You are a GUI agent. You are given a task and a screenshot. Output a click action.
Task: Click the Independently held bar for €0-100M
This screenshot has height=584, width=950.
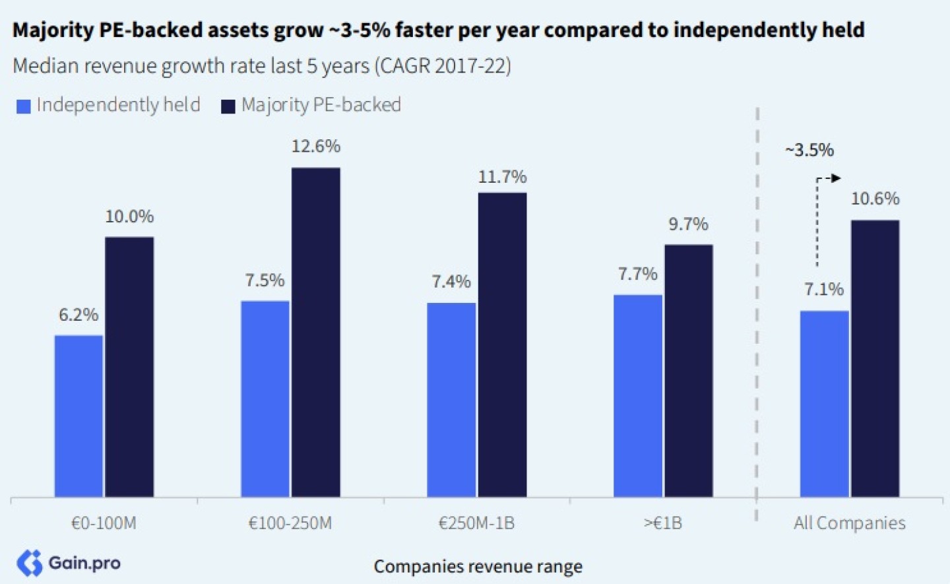tap(79, 416)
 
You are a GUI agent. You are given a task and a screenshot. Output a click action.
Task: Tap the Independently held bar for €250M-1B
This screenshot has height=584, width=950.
tap(451, 399)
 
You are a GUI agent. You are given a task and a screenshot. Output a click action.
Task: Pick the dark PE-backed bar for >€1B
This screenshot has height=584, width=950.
tap(689, 370)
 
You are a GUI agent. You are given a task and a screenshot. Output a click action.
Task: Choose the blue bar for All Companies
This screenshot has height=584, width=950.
tap(824, 403)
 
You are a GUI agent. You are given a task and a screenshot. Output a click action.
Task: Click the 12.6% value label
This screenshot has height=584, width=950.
tap(316, 146)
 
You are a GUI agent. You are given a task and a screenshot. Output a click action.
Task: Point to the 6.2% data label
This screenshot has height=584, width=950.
tap(79, 315)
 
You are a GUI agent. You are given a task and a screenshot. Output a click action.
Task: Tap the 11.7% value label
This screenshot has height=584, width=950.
tap(502, 177)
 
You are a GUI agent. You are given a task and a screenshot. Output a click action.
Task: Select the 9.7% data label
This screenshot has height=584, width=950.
tap(688, 224)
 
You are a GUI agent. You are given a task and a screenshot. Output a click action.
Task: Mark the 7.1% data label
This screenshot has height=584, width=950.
tap(823, 289)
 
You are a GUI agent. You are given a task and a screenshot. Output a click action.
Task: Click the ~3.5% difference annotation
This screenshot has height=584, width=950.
tap(809, 150)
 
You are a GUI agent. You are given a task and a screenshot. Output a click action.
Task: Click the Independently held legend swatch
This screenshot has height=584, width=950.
tap(24, 106)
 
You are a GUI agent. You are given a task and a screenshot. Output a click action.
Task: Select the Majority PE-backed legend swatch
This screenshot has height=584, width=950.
tap(228, 106)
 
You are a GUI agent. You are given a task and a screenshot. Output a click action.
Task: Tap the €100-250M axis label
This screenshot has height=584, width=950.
tap(290, 523)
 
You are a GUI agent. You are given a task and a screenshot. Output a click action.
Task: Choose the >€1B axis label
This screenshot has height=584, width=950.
tap(663, 523)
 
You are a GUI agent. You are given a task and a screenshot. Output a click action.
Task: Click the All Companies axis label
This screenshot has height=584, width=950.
tap(849, 523)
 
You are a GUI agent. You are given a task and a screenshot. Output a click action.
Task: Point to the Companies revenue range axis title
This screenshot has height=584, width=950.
tap(478, 566)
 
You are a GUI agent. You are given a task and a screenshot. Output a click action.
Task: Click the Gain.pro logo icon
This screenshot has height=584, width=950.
tap(30, 563)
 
